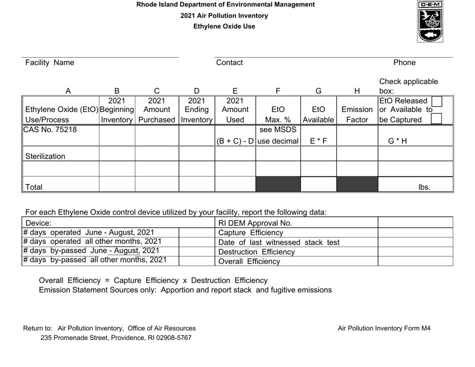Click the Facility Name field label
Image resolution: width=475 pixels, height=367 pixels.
(49, 63)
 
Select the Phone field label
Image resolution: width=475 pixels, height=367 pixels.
(404, 63)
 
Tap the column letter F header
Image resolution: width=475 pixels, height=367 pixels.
(277, 91)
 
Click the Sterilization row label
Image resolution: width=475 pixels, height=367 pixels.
(46, 156)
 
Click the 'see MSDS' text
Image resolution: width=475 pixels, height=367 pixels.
(277, 130)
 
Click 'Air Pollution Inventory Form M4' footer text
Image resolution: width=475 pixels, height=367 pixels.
(384, 328)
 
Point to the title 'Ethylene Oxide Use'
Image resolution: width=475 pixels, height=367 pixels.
(224, 26)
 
